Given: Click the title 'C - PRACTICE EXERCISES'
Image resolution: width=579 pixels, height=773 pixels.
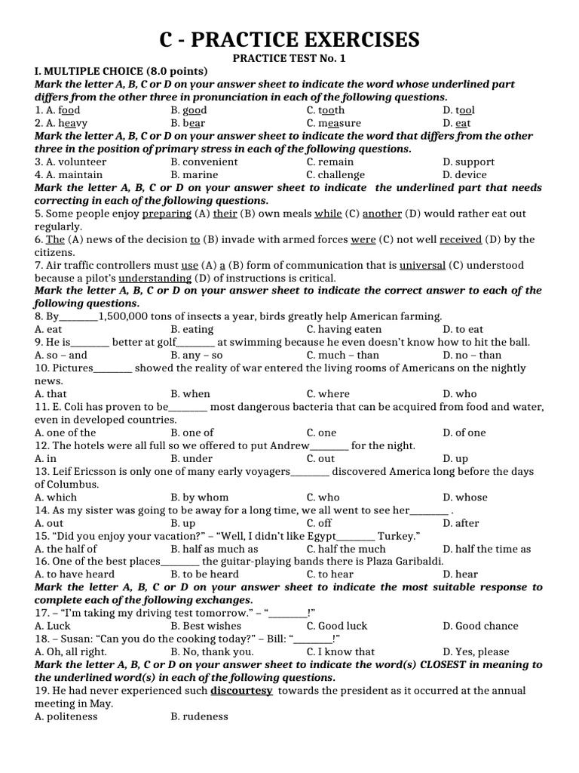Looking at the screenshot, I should [289, 38].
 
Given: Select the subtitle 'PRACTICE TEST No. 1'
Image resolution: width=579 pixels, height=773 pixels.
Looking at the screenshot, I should [289, 58].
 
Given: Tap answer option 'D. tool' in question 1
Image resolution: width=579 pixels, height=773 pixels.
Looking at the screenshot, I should [458, 110].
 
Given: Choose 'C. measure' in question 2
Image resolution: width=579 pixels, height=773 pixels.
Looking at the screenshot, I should [333, 123].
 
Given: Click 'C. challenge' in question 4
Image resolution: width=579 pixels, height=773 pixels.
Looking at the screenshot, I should [335, 174].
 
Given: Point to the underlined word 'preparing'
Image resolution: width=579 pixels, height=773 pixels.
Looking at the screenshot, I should [166, 214].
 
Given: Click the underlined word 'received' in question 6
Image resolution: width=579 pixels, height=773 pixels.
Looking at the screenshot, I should [461, 239].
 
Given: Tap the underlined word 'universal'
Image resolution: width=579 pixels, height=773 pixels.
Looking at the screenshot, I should [422, 266].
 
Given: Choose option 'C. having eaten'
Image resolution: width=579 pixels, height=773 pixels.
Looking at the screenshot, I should [344, 329].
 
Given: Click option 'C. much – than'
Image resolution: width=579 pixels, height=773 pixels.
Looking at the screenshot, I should [343, 355].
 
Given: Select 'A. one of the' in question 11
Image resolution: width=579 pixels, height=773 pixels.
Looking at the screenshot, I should [66, 433].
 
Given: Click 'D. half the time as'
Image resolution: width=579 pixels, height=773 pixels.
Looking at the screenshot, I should [486, 549].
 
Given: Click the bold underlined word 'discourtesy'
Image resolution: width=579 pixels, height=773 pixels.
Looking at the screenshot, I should [241, 691].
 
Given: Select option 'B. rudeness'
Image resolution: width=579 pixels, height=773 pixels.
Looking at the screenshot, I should [199, 716].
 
